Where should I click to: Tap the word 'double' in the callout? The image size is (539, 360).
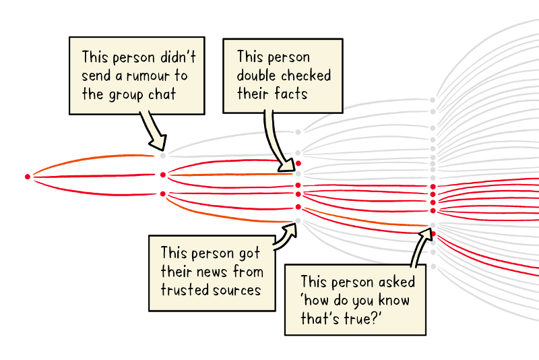tap(259, 75)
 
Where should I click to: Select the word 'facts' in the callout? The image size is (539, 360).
tap(292, 93)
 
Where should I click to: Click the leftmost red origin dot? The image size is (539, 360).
tap(28, 177)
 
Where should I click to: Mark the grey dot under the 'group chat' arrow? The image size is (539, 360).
tap(162, 155)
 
